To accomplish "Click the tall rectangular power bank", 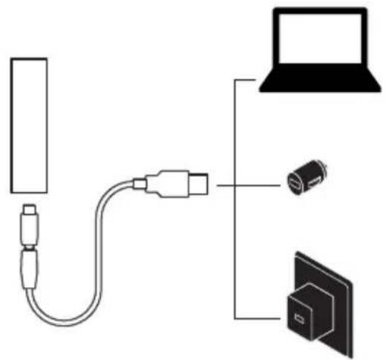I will [x=30, y=125].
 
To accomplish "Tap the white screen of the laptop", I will [x=318, y=45].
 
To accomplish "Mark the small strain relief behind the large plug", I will [x=140, y=180].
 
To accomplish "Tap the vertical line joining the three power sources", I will [x=235, y=200].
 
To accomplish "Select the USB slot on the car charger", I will [x=295, y=180].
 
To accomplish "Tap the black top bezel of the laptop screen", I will [x=318, y=12].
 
